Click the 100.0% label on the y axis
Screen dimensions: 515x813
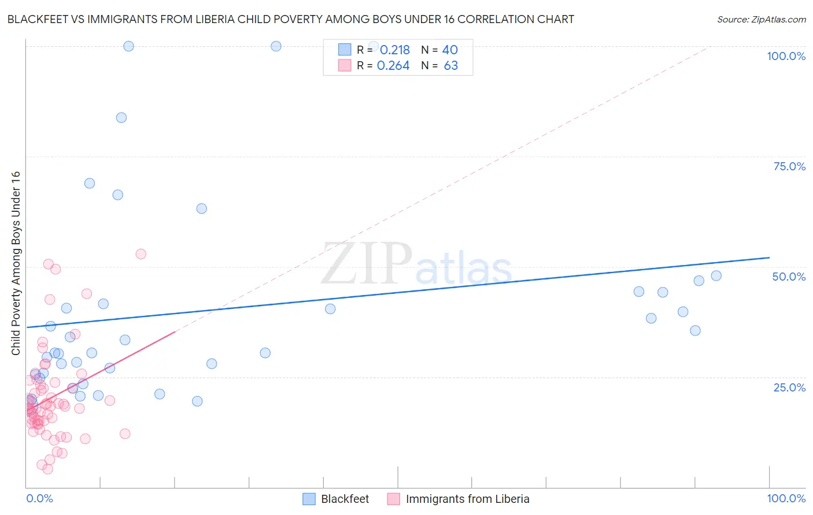point(786,56)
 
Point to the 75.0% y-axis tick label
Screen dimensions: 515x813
point(789,166)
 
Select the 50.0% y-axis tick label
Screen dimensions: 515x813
point(789,277)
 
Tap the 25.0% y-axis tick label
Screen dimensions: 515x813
point(789,387)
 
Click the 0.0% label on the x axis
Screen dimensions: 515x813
point(39,498)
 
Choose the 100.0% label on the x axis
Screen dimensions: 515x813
point(786,498)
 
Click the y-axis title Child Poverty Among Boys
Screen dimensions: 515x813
point(16,263)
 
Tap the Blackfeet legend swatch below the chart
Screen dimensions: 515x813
point(309,499)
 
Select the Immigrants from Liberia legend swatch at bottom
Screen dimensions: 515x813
point(394,499)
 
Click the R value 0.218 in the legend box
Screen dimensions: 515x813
point(394,50)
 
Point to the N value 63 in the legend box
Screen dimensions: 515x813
point(451,66)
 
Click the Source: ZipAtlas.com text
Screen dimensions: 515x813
point(761,20)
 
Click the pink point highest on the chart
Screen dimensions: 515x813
point(141,254)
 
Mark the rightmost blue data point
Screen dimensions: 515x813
point(716,276)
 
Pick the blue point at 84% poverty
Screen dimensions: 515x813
point(121,118)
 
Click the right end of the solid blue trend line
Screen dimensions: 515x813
point(769,257)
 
